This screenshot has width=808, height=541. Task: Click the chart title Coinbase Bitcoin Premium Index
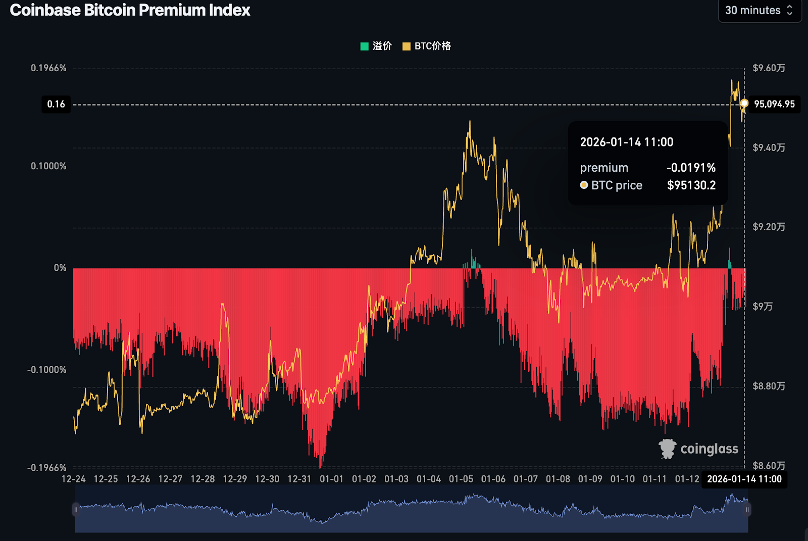point(130,10)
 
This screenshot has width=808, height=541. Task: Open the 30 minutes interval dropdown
point(759,11)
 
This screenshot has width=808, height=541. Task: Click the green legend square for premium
point(364,46)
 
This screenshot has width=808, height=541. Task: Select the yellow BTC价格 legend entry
point(427,46)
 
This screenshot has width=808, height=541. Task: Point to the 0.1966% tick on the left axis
point(48,68)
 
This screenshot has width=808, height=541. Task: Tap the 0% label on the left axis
point(60,268)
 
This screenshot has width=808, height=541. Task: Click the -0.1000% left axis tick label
point(47,370)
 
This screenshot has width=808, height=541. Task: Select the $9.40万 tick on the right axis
point(769,147)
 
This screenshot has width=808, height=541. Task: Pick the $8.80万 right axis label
point(769,386)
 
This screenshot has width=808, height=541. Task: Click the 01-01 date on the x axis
point(331,479)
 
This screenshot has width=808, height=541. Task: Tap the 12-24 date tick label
point(73,479)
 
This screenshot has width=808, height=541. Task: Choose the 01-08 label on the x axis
point(558,479)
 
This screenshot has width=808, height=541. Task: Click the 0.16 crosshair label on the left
point(56,105)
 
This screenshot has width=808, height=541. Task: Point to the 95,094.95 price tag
point(774,104)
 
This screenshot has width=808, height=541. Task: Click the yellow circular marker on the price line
point(744,104)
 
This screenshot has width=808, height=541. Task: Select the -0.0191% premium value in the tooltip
point(691,168)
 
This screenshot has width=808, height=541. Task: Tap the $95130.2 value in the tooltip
point(691,185)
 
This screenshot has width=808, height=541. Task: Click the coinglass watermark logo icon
point(668,449)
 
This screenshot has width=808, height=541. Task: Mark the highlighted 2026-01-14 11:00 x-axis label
point(744,479)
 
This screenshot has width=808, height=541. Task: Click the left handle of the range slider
point(76,510)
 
